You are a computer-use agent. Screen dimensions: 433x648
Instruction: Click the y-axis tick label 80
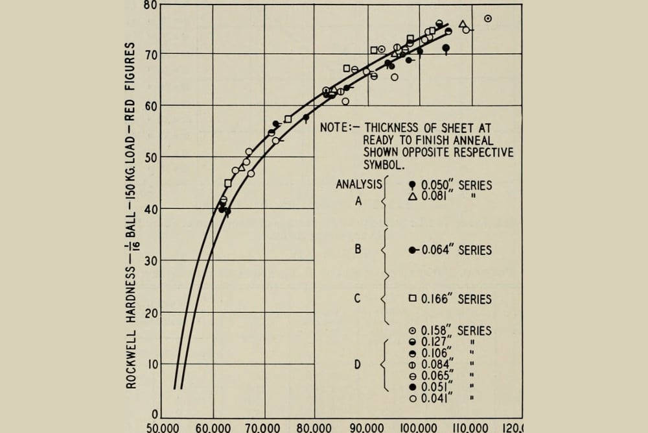[x=150, y=5]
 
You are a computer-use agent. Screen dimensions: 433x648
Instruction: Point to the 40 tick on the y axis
[x=150, y=208]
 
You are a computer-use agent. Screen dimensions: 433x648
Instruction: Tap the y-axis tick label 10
[x=150, y=364]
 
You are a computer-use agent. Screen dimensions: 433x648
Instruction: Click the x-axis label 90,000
[x=367, y=428]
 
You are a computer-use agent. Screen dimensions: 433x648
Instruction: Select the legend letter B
[x=358, y=249]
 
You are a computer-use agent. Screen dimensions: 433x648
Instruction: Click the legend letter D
[x=357, y=364]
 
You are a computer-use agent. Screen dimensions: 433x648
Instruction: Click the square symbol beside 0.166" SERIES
[x=412, y=299]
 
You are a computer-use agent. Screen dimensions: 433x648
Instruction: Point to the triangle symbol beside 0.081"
[x=412, y=196]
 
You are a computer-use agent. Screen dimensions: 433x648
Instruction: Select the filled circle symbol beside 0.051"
[x=412, y=388]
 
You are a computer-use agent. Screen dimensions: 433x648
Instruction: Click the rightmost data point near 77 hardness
[x=488, y=19]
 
